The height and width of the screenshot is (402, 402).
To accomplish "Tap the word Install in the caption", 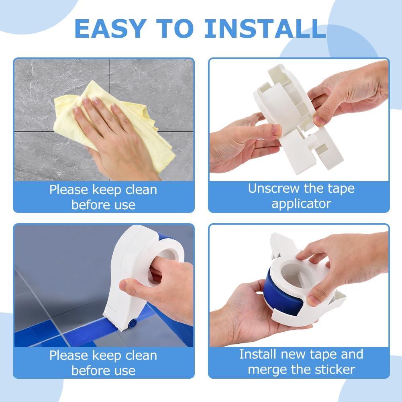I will (x=258, y=354).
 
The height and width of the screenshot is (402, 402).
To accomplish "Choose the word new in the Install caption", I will (x=294, y=354).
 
